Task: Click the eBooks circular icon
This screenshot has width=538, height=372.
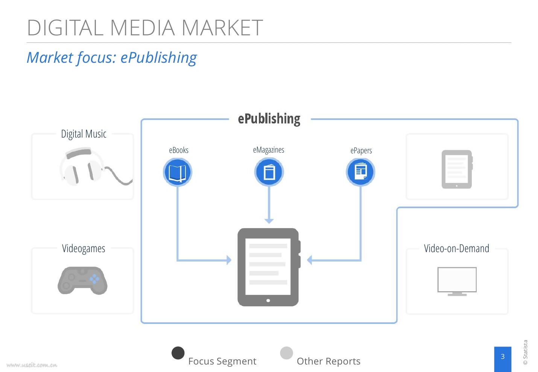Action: tap(178, 172)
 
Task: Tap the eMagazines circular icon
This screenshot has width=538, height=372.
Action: tap(269, 172)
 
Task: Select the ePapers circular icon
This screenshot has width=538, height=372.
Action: tap(360, 172)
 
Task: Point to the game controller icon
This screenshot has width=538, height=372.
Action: tap(82, 280)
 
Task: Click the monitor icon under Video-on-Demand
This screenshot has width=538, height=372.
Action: tap(457, 281)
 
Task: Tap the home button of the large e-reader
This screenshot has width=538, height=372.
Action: tap(268, 301)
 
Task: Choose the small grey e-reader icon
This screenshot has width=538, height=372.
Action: tap(457, 169)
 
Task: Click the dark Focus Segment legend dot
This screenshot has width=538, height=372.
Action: tap(178, 353)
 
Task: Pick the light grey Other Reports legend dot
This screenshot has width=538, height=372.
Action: tap(286, 353)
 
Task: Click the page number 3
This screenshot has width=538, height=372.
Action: tap(502, 357)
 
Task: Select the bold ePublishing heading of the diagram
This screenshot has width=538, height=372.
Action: tap(269, 119)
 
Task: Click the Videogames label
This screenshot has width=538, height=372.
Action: tap(84, 248)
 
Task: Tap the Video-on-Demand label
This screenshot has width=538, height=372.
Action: tap(456, 248)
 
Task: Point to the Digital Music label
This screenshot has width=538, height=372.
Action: tap(84, 134)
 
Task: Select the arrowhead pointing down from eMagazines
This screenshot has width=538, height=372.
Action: tap(269, 221)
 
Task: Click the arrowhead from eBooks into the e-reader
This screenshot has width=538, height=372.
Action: tap(229, 260)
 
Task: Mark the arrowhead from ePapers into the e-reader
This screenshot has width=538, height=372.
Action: tap(310, 260)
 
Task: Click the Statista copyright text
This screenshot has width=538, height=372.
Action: tap(525, 352)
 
